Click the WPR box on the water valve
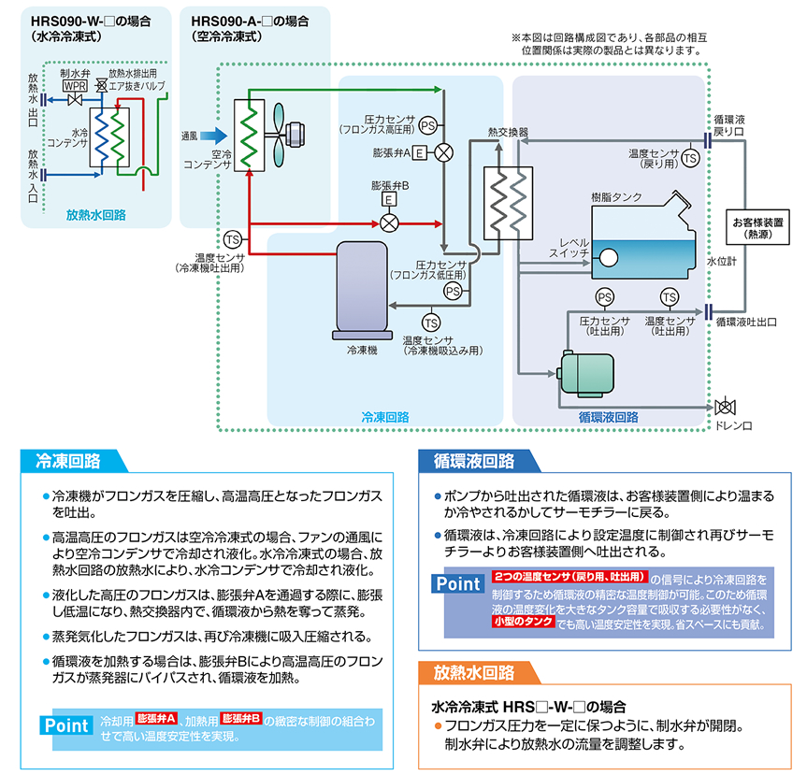pyautogui.click(x=75, y=85)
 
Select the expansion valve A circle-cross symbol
pyautogui.click(x=443, y=152)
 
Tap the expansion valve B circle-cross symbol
pyautogui.click(x=389, y=223)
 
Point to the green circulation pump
pyautogui.click(x=586, y=374)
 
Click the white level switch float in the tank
pyautogui.click(x=609, y=258)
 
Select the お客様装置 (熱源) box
pyautogui.click(x=757, y=227)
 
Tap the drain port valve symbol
pyautogui.click(x=725, y=407)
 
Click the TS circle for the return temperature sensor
pyautogui.click(x=690, y=158)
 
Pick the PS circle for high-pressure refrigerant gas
pyautogui.click(x=427, y=125)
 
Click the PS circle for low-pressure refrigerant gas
pyautogui.click(x=453, y=292)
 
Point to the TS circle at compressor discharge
pyautogui.click(x=233, y=239)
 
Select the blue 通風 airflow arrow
pyautogui.click(x=213, y=136)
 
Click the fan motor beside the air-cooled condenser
pyautogui.click(x=295, y=136)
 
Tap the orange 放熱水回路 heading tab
pyautogui.click(x=479, y=672)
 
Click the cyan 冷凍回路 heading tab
pyautogui.click(x=74, y=461)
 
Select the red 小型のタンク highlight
pyautogui.click(x=523, y=622)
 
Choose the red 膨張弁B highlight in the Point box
pyautogui.click(x=241, y=718)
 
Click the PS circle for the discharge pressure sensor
pyautogui.click(x=605, y=297)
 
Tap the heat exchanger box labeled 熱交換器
pyautogui.click(x=508, y=203)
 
